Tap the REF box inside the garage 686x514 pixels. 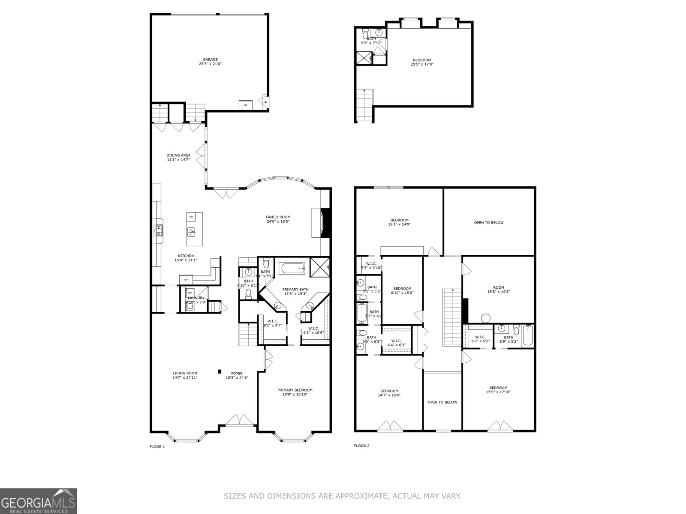(246, 105)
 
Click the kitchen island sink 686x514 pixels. (191, 232)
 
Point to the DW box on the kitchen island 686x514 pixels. (191, 217)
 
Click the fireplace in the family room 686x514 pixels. (325, 223)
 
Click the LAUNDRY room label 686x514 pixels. (196, 298)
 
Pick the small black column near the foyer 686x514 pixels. (220, 371)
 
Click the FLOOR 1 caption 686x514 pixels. (157, 447)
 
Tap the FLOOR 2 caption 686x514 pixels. (361, 446)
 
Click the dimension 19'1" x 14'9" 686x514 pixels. (399, 224)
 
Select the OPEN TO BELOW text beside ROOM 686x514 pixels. (489, 223)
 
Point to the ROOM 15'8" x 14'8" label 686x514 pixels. (498, 290)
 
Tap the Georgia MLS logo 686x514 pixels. (39, 501)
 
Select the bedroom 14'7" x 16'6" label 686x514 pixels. (389, 393)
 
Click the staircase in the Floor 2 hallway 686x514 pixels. (451, 317)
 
